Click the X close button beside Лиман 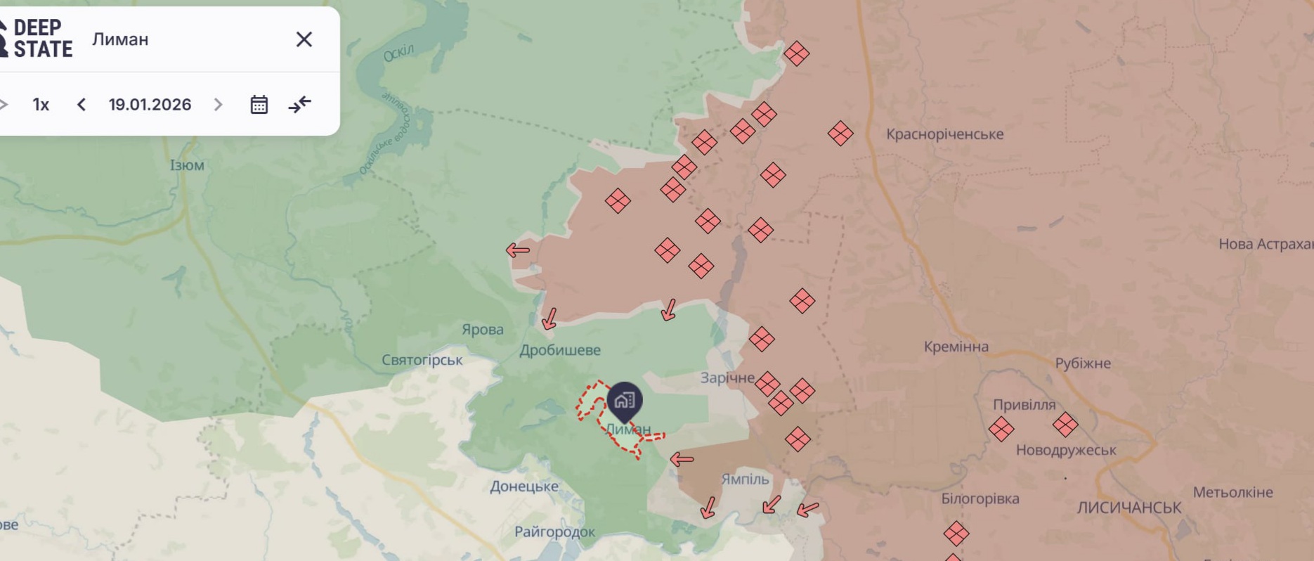pos(304,39)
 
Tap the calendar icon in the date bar pos(259,105)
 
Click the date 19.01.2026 pos(150,105)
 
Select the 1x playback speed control pos(41,105)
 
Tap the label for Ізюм pos(187,165)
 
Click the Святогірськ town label pos(422,360)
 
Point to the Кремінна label pos(956,347)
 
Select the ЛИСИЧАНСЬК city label pos(1128,508)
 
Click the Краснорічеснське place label pos(944,134)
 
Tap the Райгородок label pos(554,531)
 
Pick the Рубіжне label pos(1082,363)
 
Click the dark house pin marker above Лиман pos(624,401)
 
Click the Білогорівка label pos(980,499)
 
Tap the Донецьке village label pos(524,486)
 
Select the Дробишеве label pos(560,350)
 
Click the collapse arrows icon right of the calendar pos(300,105)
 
